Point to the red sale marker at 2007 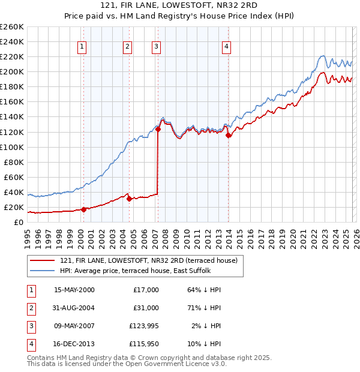tap(158, 129)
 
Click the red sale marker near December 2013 tap(228, 135)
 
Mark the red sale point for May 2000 tap(83, 209)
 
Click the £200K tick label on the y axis tap(12, 71)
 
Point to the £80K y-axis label tap(14, 162)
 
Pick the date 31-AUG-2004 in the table tap(74, 307)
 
